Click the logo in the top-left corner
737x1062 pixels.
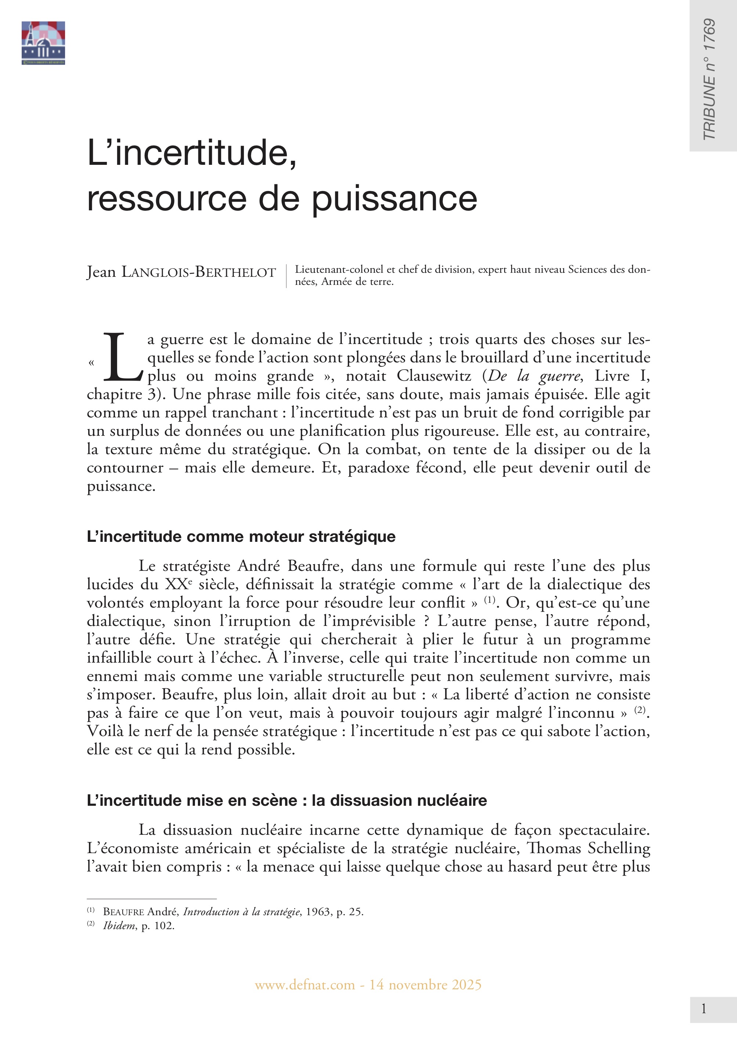coord(43,43)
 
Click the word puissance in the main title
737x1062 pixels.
coord(394,199)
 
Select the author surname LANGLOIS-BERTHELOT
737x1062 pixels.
coord(199,272)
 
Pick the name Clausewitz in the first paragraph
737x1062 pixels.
coord(434,376)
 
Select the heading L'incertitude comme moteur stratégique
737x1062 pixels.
coord(241,536)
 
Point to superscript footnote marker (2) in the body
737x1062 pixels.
coord(639,710)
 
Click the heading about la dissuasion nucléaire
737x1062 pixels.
coord(287,800)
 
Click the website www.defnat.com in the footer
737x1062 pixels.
coord(305,985)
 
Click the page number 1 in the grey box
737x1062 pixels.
coord(704,1009)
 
